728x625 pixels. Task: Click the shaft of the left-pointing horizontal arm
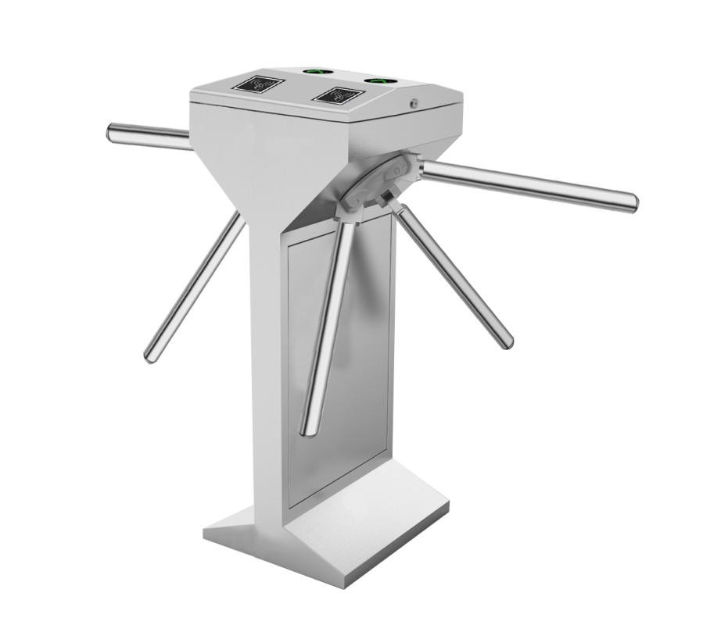tap(152, 136)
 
